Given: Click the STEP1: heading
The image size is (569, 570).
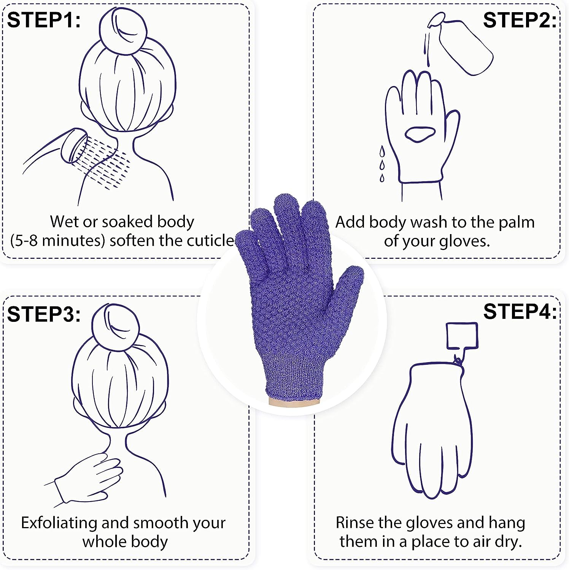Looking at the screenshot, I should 44,20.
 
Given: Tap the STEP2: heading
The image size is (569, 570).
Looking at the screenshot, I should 520,20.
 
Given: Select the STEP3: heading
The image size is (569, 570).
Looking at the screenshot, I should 44,314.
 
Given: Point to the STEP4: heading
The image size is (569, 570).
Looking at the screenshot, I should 520,312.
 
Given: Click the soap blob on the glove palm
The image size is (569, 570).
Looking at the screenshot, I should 419,134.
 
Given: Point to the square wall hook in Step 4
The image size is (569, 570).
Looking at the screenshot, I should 461,335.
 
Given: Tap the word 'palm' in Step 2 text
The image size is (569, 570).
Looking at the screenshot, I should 516,222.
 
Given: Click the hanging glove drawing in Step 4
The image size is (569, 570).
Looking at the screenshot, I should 432,429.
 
